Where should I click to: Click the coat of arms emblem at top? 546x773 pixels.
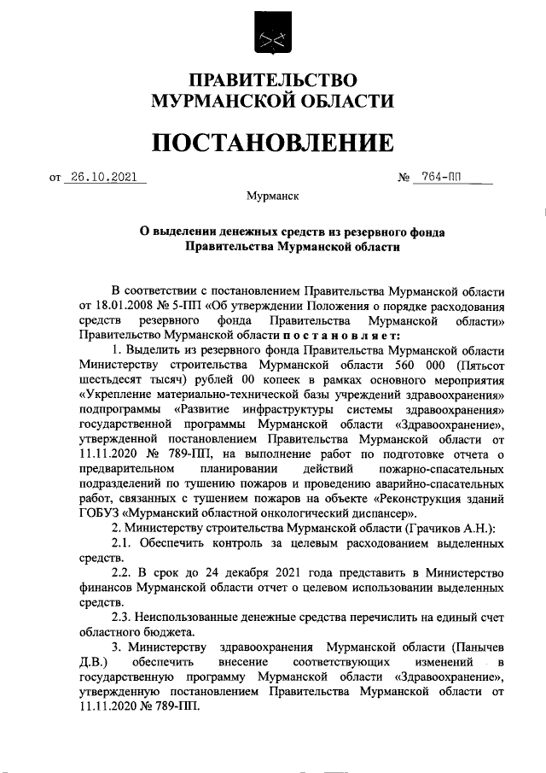click(272, 39)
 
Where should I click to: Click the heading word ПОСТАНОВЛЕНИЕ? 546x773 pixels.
click(272, 143)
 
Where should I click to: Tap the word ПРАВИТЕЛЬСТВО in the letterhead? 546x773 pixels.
click(272, 81)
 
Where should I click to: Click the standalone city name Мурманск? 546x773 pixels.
click(272, 196)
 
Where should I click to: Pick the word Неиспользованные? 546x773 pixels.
click(193, 617)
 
